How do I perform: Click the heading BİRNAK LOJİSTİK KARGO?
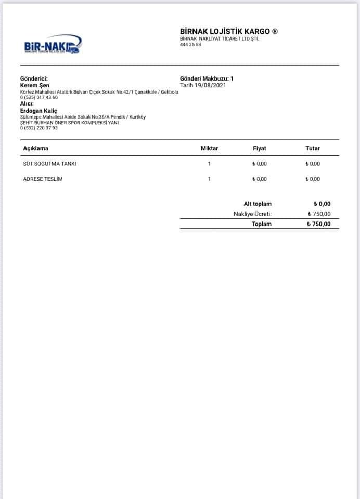[x=229, y=32]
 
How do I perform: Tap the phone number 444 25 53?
[x=190, y=45]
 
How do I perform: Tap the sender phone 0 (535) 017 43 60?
[x=39, y=98]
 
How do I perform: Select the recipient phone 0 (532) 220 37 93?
[x=39, y=128]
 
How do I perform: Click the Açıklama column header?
[x=36, y=148]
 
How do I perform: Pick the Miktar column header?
[x=209, y=148]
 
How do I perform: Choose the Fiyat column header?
[x=259, y=148]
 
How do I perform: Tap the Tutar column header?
[x=313, y=148]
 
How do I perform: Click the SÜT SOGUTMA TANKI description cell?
[x=50, y=164]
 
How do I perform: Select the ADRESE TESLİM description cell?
[x=44, y=179]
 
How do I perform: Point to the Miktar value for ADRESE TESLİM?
[x=209, y=179]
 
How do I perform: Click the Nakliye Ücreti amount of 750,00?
[x=319, y=214]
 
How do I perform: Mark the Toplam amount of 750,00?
[x=318, y=224]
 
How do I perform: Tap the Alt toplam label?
[x=258, y=204]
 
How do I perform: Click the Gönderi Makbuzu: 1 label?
[x=207, y=78]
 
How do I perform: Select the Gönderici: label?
[x=34, y=78]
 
